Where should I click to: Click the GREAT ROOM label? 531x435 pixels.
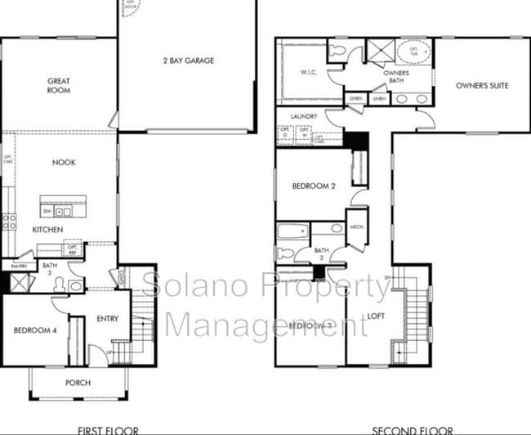coord(58,85)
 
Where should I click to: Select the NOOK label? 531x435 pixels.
coord(64,162)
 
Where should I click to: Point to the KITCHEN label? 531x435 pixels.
coord(48,230)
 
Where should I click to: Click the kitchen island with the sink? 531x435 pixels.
coord(64,209)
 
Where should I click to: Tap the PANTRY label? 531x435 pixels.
coord(18,267)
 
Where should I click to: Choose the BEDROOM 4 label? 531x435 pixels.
coord(34,330)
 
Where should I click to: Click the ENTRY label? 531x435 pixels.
coord(107,318)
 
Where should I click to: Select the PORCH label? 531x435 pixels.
coord(78,383)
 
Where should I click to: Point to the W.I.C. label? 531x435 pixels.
coord(308,71)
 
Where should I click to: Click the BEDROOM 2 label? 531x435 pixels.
coord(315,186)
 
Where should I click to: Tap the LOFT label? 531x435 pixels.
coord(375,314)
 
